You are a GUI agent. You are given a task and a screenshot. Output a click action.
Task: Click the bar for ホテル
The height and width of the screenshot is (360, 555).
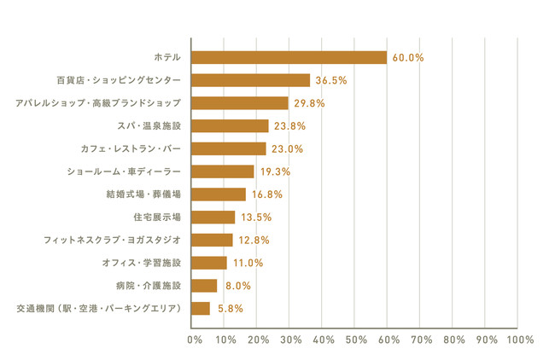tap(289, 57)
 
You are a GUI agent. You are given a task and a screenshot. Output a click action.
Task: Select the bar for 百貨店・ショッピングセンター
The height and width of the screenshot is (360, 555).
tap(251, 80)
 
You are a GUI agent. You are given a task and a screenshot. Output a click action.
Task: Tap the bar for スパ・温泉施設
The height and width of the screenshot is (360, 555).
tap(230, 126)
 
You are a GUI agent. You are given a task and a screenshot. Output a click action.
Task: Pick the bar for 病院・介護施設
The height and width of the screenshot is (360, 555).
tap(204, 286)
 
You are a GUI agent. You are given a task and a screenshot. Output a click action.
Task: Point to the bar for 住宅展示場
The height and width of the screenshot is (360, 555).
tap(213, 217)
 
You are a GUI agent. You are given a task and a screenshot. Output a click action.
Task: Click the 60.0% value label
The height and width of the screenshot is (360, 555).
tap(408, 57)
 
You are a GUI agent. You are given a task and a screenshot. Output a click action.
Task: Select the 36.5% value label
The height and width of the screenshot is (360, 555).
tap(331, 80)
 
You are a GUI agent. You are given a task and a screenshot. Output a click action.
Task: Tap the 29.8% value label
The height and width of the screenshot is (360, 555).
tap(309, 103)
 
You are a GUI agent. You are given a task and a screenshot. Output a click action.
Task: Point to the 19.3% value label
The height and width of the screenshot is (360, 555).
tap(275, 171)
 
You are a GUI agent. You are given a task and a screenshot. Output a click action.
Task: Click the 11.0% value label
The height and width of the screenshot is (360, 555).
tap(248, 263)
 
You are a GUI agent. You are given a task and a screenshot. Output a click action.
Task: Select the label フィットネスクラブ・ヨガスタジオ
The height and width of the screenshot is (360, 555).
tap(112, 240)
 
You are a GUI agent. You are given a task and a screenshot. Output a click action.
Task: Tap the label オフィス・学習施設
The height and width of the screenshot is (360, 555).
tap(137, 263)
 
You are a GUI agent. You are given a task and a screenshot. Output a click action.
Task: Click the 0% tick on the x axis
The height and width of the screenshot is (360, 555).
tap(195, 340)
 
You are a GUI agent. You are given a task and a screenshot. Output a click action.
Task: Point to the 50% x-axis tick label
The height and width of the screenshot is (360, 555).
tap(354, 340)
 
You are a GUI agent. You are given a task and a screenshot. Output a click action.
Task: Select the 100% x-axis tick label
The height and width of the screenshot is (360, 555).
tap(517, 340)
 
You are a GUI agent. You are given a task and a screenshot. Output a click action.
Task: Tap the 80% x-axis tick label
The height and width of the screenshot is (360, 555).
tap(453, 340)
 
